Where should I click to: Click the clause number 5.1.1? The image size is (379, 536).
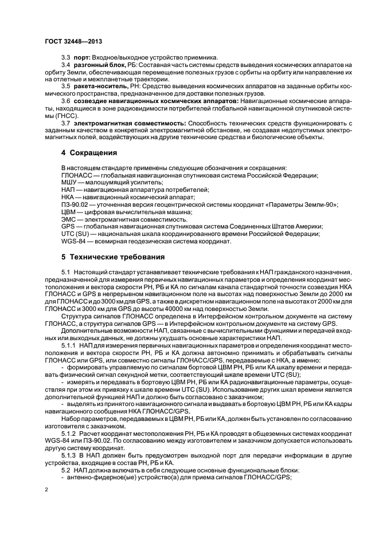pyautogui.click(x=68, y=346)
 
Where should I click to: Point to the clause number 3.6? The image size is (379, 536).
pyautogui.click(x=66, y=100)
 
